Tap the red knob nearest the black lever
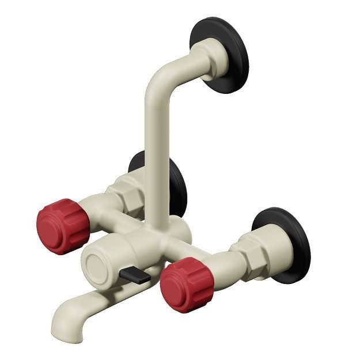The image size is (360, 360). point(187,285)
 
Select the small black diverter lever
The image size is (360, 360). point(136,275)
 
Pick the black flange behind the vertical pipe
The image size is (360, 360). point(176,183)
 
